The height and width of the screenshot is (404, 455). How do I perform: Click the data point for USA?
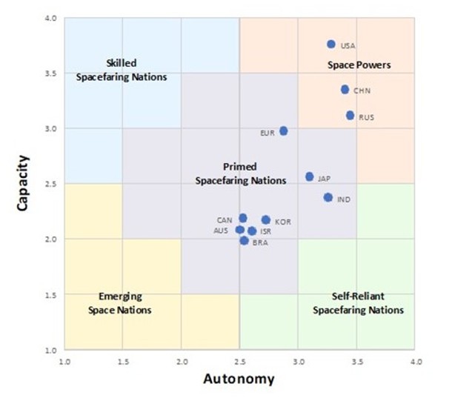331,44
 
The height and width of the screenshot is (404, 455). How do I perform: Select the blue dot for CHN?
345,90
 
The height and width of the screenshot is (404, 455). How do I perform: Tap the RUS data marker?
351,116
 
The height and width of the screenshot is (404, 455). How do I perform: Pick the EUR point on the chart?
283,131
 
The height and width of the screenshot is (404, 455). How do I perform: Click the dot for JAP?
309,177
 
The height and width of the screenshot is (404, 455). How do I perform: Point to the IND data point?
328,198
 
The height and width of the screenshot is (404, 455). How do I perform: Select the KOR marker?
266,220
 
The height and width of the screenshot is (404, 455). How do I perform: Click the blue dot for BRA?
245,240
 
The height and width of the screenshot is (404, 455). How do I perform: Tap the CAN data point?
243,219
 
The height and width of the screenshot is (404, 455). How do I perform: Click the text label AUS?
221,231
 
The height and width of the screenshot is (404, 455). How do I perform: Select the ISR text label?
265,232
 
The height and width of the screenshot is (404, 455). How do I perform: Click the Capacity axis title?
24,182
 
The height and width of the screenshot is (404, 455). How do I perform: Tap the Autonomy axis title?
239,380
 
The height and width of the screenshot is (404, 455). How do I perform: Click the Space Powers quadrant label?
359,65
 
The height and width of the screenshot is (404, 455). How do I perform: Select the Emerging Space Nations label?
119,303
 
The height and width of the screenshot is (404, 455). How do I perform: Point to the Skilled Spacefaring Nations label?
122,70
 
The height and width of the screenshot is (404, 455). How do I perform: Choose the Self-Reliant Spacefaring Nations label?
358,303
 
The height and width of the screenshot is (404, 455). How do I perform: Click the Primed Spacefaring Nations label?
239,173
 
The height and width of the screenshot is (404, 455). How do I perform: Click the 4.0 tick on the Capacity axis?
51,19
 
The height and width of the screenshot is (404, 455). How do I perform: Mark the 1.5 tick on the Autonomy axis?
123,361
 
